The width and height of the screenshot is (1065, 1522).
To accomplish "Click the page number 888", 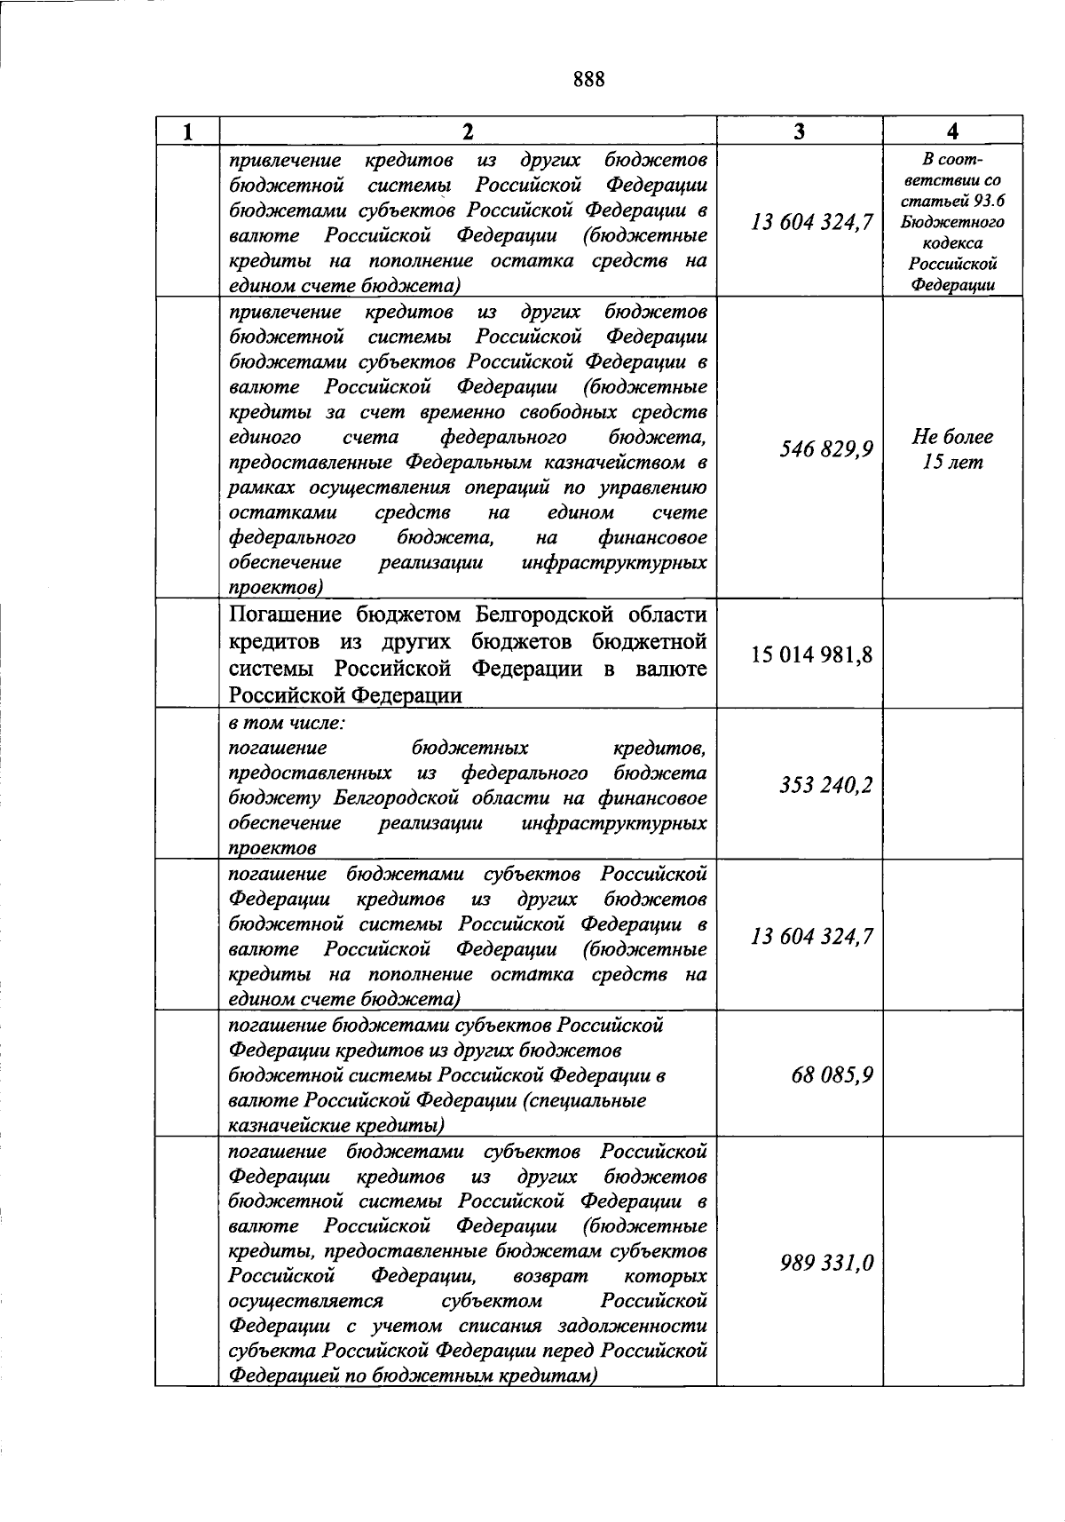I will pyautogui.click(x=588, y=80).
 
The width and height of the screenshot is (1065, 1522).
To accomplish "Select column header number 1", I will pyautogui.click(x=187, y=132).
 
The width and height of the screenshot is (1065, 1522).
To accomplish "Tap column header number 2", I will pyautogui.click(x=468, y=132).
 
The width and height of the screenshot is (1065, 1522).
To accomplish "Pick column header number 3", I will pyautogui.click(x=800, y=131).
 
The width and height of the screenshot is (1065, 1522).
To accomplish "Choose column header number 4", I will pyautogui.click(x=952, y=131).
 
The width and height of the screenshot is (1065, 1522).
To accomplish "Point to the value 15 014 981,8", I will pyautogui.click(x=812, y=655).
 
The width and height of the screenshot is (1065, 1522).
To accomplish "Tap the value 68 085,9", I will pyautogui.click(x=832, y=1075).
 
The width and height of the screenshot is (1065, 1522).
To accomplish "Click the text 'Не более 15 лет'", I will pyautogui.click(x=952, y=449).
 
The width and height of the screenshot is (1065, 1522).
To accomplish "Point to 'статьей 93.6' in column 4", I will pyautogui.click(x=952, y=201).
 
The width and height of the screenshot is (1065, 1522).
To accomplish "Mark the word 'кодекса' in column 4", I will pyautogui.click(x=952, y=243).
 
